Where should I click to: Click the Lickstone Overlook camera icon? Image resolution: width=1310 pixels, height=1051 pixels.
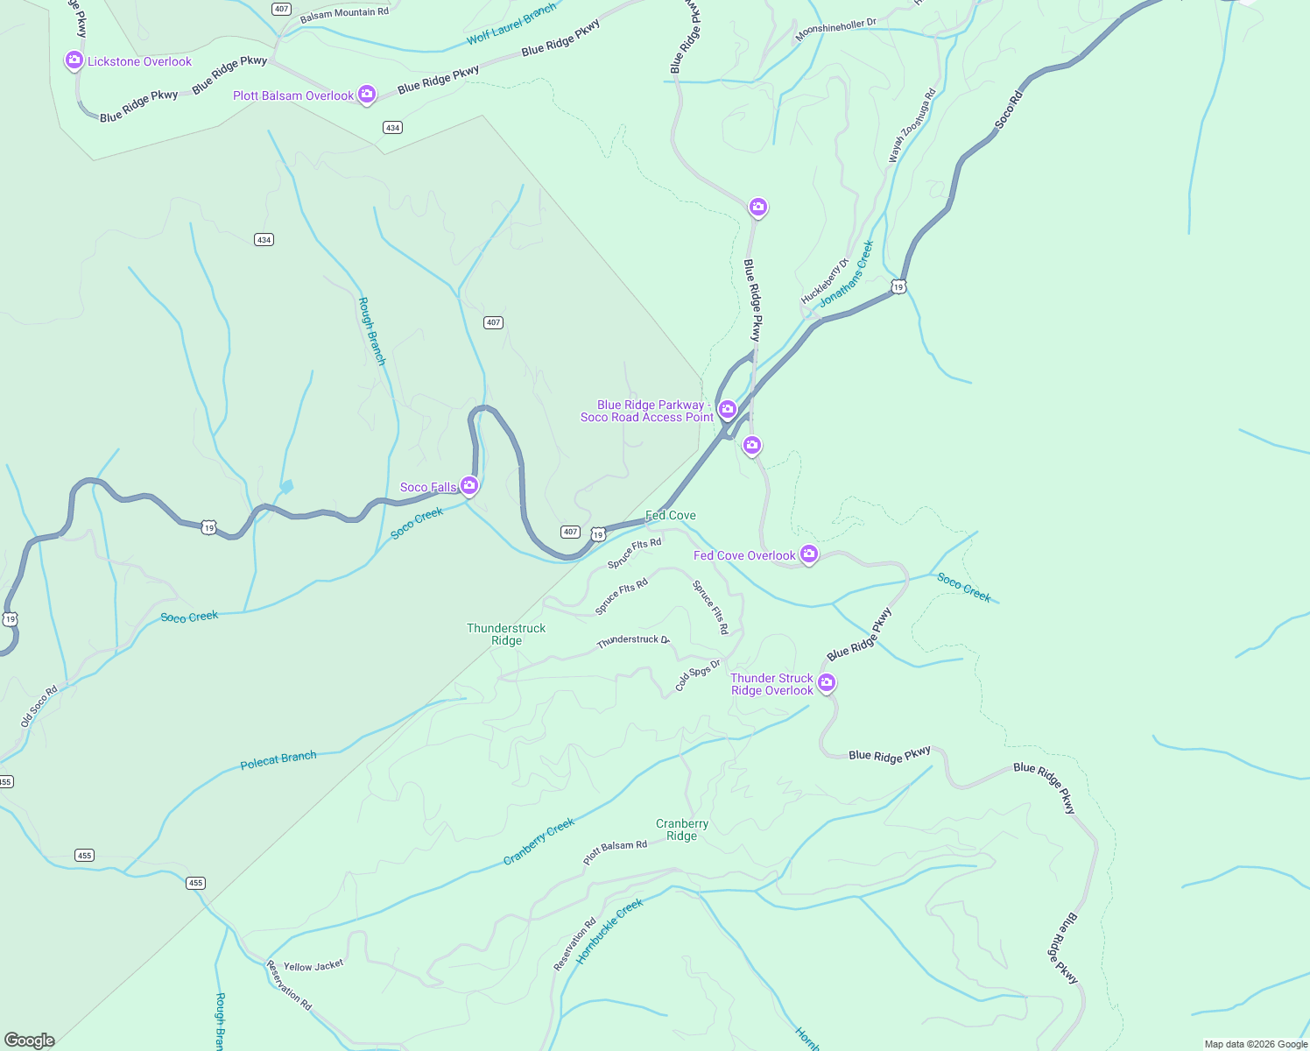point(74,60)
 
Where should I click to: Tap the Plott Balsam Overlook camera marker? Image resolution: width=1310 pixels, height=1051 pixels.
point(367,94)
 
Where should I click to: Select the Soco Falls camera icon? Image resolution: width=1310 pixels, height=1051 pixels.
point(469,485)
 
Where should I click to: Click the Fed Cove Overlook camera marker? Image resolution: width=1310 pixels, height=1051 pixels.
point(809,554)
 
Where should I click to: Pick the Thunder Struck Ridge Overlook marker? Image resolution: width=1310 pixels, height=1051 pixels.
point(826,682)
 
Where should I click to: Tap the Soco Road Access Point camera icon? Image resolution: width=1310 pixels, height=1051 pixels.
point(727,409)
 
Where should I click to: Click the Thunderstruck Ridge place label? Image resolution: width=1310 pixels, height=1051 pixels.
point(506,634)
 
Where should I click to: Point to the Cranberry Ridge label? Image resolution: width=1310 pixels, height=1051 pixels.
point(681,829)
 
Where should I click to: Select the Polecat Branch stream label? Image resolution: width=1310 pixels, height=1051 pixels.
point(278,759)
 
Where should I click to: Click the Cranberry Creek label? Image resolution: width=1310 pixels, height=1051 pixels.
point(539,842)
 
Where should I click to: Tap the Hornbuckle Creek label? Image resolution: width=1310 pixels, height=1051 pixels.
point(609,931)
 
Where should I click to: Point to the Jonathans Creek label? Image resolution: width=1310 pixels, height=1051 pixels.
point(847,274)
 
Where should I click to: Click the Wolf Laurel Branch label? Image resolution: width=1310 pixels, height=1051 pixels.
point(511,24)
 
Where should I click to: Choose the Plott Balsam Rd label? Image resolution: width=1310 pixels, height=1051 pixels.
point(615,852)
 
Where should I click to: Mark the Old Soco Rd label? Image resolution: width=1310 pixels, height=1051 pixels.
point(39,706)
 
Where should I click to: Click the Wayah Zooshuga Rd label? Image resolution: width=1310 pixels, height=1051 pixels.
point(912,125)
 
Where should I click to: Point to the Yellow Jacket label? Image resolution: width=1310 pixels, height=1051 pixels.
point(313,966)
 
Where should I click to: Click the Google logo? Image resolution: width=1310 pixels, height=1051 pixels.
point(30,1040)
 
